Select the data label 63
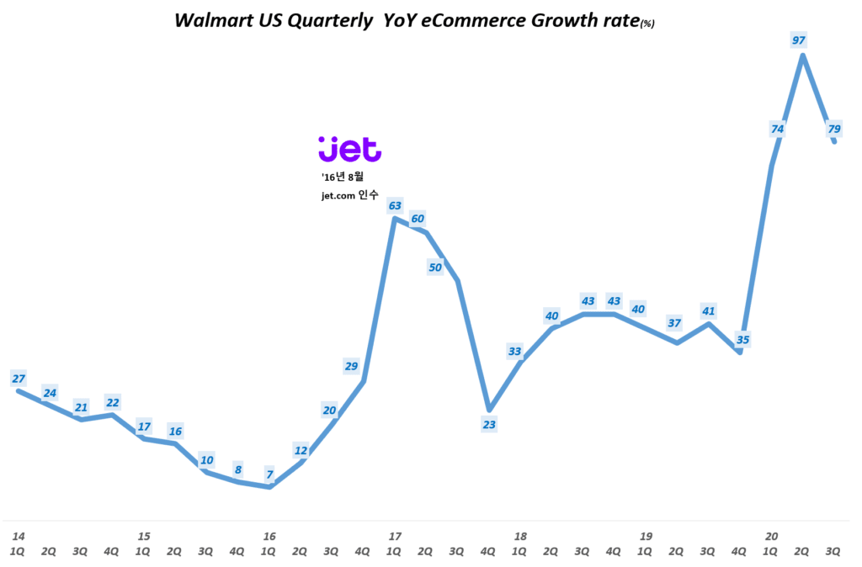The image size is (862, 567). [x=394, y=204]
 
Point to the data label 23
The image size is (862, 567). [x=488, y=424]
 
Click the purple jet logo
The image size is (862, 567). [x=349, y=149]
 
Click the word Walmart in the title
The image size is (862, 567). [x=211, y=21]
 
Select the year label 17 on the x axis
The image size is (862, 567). [x=394, y=536]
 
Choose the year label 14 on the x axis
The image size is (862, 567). [x=18, y=536]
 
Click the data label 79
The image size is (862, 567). [x=834, y=129]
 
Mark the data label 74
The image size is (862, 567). [x=777, y=129]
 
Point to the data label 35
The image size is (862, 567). [x=742, y=340]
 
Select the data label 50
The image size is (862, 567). [x=435, y=268]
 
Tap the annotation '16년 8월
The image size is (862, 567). [x=343, y=177]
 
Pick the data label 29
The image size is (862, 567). [x=352, y=365]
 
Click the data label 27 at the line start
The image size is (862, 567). [x=18, y=379]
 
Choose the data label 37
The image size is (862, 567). [x=673, y=323]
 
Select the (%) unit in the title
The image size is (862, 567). [x=646, y=24]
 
